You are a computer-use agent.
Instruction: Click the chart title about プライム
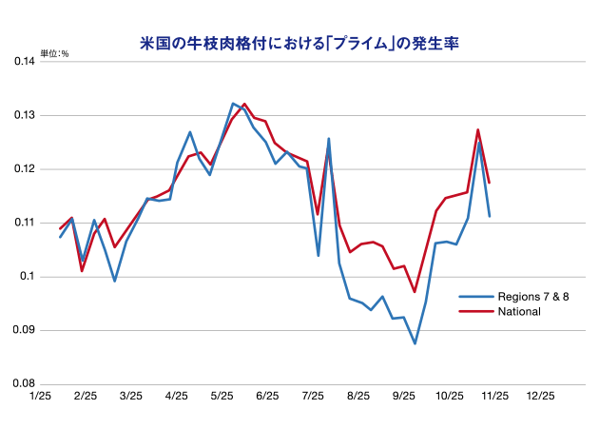pyautogui.click(x=299, y=42)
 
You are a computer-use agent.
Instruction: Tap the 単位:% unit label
pyautogui.click(x=54, y=53)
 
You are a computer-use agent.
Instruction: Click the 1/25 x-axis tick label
pyautogui.click(x=40, y=395)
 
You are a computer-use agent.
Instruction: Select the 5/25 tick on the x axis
pyautogui.click(x=222, y=395)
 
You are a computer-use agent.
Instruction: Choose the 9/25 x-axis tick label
pyautogui.click(x=404, y=395)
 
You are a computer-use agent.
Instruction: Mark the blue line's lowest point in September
pyautogui.click(x=415, y=343)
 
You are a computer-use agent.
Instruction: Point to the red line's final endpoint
pyautogui.click(x=489, y=183)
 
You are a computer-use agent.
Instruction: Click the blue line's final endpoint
pyautogui.click(x=489, y=216)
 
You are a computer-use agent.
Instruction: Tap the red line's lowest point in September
pyautogui.click(x=415, y=291)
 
